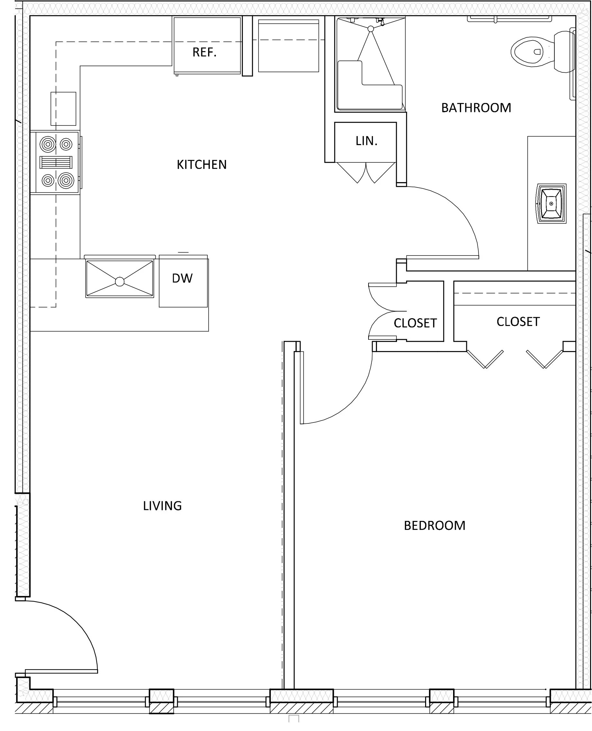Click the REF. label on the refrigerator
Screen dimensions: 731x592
click(204, 52)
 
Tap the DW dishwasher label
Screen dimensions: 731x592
click(182, 278)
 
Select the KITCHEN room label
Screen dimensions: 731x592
click(202, 165)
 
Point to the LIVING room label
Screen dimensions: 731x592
click(162, 505)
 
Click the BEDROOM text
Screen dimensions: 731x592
click(434, 526)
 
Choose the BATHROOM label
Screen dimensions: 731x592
click(476, 108)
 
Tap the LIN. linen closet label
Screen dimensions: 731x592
click(366, 141)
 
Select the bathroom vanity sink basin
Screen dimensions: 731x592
click(551, 204)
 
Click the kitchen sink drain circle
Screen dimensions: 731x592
click(120, 282)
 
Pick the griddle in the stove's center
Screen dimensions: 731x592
click(56, 162)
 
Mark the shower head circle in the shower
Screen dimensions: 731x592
click(371, 29)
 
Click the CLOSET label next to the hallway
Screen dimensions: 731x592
click(415, 323)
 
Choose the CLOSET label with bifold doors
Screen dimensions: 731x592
click(518, 322)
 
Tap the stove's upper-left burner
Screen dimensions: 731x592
click(48, 144)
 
